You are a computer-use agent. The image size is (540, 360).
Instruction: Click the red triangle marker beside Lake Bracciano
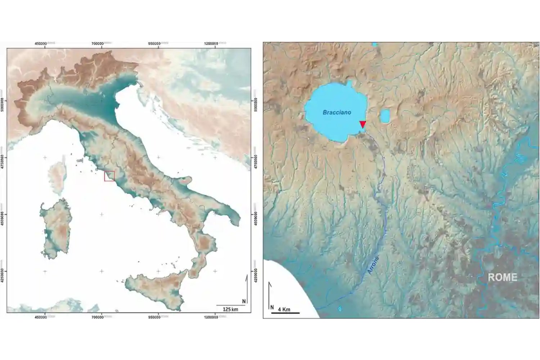pos(363,124)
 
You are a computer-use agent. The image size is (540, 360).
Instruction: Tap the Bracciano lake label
pos(337,112)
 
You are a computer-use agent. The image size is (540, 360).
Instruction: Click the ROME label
pos(502,277)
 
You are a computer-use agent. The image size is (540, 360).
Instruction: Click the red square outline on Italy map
pos(109,176)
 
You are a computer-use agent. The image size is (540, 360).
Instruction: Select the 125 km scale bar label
pos(230,309)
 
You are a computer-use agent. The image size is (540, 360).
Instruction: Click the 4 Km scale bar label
pos(284,309)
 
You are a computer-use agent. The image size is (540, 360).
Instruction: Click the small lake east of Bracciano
pos(385,116)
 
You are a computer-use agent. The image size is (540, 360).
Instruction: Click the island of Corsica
pos(56,178)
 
